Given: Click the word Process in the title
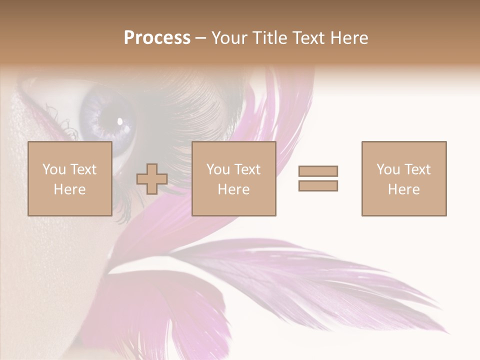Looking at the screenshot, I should pyautogui.click(x=157, y=38).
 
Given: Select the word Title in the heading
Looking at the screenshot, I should pyautogui.click(x=269, y=38).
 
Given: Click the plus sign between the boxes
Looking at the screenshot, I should pyautogui.click(x=152, y=179).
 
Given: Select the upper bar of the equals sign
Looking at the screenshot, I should pyautogui.click(x=318, y=171).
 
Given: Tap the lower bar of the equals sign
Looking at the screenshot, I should pyautogui.click(x=318, y=185).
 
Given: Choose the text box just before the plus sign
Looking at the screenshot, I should pyautogui.click(x=69, y=178).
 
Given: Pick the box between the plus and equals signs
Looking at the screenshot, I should pyautogui.click(x=233, y=178).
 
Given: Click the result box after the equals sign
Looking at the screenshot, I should pyautogui.click(x=403, y=178).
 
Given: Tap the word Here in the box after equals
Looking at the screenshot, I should pyautogui.click(x=403, y=189).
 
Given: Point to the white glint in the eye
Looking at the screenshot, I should pyautogui.click(x=120, y=120).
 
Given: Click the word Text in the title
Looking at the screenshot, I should pyautogui.click(x=308, y=38).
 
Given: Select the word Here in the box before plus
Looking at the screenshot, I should pyautogui.click(x=69, y=189).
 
